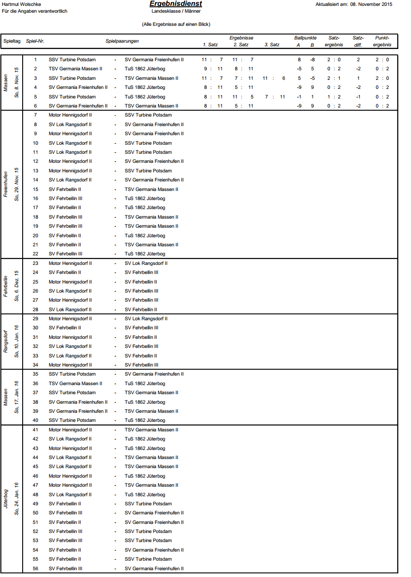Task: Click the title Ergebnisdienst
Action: (x=176, y=4)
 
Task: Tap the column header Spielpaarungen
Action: (x=122, y=41)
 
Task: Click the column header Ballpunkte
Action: (x=305, y=38)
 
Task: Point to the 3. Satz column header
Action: (x=272, y=45)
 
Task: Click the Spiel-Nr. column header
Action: (x=35, y=41)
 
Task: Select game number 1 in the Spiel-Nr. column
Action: (x=35, y=59)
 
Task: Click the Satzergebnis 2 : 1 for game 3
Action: (x=334, y=78)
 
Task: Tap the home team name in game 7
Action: (x=70, y=115)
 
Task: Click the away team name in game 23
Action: (x=146, y=263)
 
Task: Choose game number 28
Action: (x=35, y=309)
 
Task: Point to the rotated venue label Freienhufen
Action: (x=6, y=184)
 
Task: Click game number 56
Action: (x=35, y=568)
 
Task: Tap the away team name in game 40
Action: (x=145, y=420)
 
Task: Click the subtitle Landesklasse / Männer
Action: (x=176, y=11)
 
